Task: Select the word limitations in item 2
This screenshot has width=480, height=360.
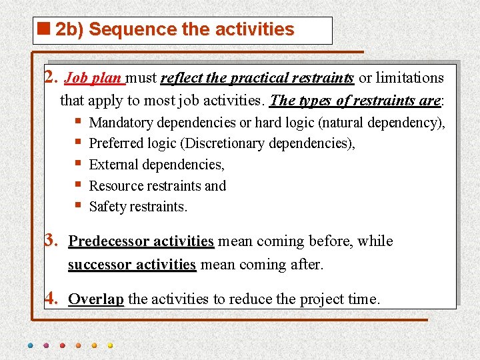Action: pos(409,78)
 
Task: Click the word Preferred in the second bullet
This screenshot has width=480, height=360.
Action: pos(114,143)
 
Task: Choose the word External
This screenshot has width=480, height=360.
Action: pos(111,165)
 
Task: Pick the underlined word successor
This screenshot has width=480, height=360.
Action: pos(99,265)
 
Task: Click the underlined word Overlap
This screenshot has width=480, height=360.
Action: pos(96,299)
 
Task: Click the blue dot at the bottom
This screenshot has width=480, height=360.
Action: pos(31,345)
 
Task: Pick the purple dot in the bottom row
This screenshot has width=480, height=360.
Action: pos(47,345)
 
